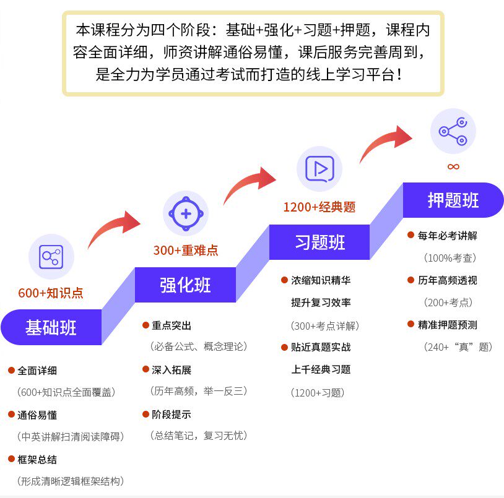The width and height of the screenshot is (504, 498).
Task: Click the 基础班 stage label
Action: tap(51, 327)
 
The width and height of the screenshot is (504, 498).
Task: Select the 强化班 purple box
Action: tap(185, 285)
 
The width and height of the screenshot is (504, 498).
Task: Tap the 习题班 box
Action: tap(319, 242)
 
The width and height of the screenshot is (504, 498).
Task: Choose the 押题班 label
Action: tap(453, 200)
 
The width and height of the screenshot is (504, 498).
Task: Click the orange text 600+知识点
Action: tap(51, 293)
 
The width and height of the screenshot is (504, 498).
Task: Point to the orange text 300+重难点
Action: tap(186, 251)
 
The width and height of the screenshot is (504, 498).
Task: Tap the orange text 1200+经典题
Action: tap(319, 207)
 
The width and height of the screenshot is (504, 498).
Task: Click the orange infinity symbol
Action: tap(453, 166)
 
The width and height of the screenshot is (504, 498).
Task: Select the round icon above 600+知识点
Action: tap(51, 256)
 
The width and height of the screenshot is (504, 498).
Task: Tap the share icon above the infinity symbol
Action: tap(453, 131)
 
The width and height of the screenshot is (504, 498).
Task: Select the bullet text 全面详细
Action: tap(37, 370)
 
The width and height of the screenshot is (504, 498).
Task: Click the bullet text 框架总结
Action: tap(37, 459)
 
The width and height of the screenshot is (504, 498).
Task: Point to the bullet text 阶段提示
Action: tap(172, 414)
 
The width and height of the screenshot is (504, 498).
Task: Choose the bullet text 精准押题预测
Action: tap(447, 325)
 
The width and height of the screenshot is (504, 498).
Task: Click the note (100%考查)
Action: tap(450, 257)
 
